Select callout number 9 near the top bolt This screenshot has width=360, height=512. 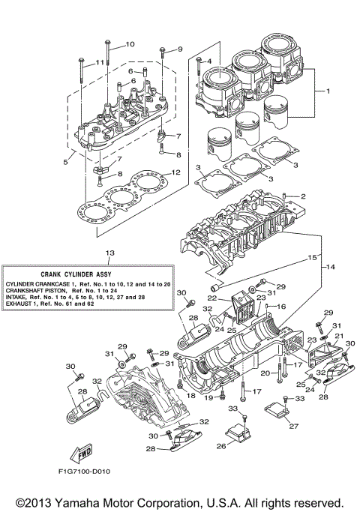tap(179, 49)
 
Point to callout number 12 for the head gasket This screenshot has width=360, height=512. tap(175, 172)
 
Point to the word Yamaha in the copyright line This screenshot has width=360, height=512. tap(95, 502)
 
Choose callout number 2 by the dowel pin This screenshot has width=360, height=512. tap(304, 196)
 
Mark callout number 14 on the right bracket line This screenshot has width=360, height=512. tap(329, 266)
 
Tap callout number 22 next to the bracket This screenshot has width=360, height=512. tap(213, 298)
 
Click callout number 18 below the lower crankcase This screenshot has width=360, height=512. tap(191, 394)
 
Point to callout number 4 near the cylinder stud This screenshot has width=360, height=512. tap(209, 61)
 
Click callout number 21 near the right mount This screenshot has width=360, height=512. tap(338, 335)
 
